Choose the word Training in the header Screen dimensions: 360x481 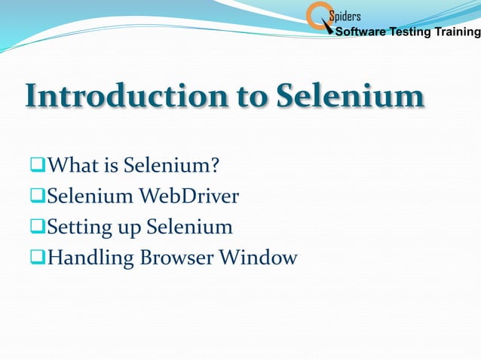pos(457,32)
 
